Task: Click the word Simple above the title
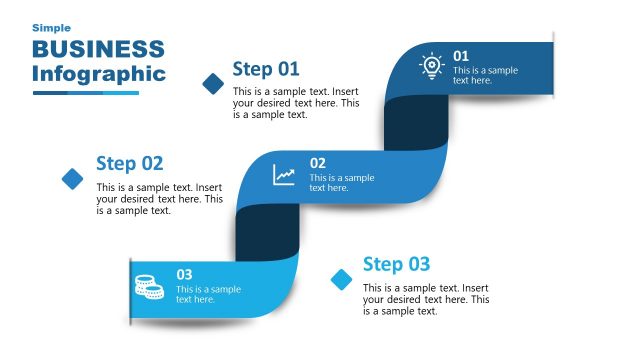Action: [51, 28]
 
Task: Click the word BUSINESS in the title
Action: [98, 49]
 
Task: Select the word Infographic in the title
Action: [98, 73]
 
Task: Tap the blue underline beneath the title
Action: [85, 93]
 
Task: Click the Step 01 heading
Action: [266, 69]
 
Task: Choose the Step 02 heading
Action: [129, 164]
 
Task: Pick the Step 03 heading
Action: [396, 264]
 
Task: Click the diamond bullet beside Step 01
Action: [213, 84]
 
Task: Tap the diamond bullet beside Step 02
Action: [73, 179]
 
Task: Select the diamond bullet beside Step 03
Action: [342, 279]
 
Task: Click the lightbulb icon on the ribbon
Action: [431, 66]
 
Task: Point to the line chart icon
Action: [285, 175]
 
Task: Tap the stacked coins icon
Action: [149, 286]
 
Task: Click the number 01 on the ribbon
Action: [461, 56]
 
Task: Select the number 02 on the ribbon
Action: [317, 163]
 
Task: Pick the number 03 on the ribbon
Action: [184, 274]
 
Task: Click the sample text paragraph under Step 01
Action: [296, 103]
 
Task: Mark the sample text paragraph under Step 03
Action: [426, 299]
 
